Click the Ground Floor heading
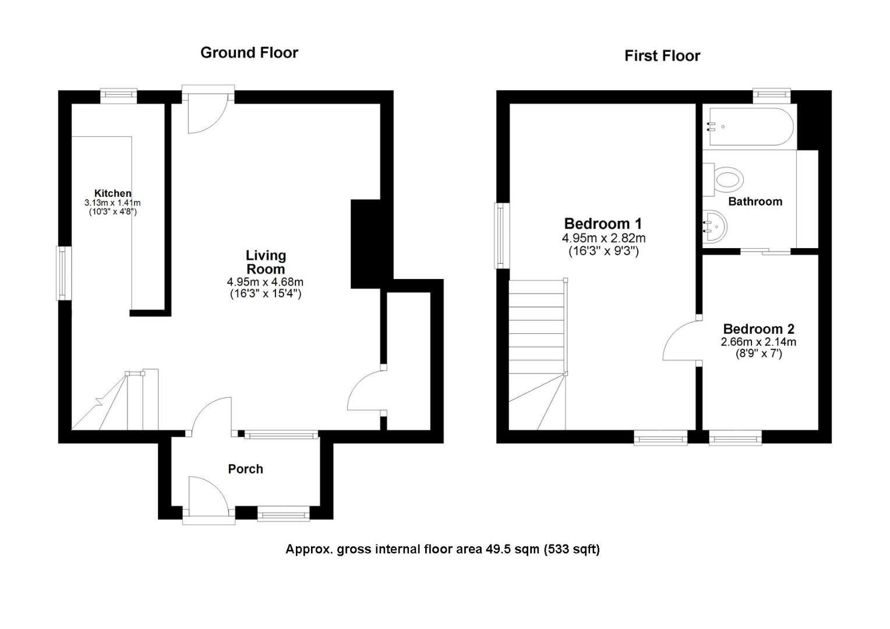click(249, 52)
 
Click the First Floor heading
click(662, 56)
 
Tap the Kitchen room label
click(112, 193)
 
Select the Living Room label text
click(266, 262)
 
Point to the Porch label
click(246, 469)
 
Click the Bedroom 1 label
click(603, 224)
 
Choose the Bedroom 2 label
click(758, 329)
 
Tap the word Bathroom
click(755, 202)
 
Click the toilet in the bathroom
click(723, 179)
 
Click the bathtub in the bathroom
click(748, 127)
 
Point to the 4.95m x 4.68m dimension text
click(265, 282)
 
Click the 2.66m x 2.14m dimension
click(758, 342)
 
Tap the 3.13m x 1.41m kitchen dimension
click(112, 203)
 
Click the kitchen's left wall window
click(63, 273)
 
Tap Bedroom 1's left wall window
click(501, 236)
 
